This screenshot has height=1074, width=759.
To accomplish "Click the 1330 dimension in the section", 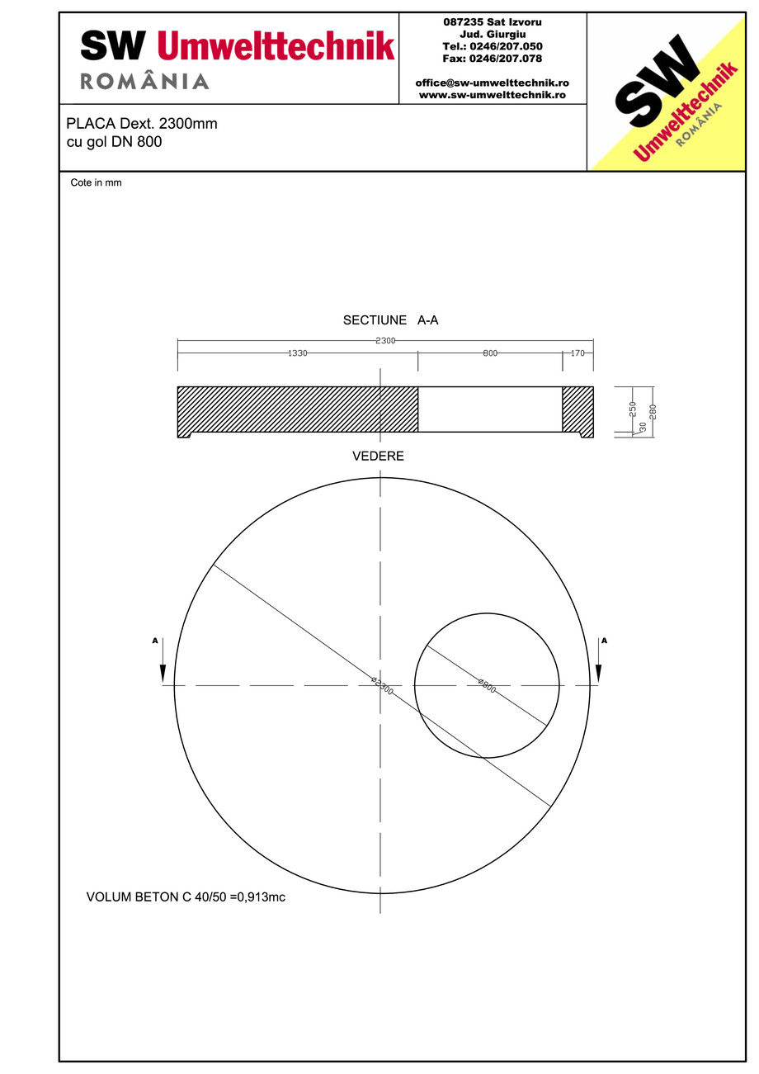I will [297, 353].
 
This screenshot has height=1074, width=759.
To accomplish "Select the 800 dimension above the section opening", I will [490, 353].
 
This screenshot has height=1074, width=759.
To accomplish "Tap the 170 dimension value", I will [577, 353].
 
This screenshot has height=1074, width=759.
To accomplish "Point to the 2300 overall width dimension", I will [385, 341].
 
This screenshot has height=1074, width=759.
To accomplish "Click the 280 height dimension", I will [653, 410].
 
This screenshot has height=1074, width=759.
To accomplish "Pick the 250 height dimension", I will [633, 409].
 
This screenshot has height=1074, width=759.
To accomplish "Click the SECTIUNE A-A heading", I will [390, 320].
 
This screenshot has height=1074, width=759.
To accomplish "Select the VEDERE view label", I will [378, 457].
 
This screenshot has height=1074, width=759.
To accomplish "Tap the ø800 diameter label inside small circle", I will [487, 686].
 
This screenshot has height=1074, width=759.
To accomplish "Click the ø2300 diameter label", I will [381, 685].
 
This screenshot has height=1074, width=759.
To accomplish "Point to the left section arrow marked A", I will [163, 660].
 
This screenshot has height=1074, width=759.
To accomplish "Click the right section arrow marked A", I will [598, 660].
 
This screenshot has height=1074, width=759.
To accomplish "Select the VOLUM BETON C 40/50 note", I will [186, 897].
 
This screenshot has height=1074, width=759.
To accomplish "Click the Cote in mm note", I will [96, 183].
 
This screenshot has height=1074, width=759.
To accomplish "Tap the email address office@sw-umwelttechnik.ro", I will [492, 83].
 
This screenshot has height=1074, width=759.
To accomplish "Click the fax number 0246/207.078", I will [493, 59].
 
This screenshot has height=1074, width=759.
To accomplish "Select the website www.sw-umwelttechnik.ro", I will [492, 95].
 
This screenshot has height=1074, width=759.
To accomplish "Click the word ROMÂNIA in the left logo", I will [144, 81].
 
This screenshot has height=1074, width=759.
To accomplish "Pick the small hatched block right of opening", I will [577, 409].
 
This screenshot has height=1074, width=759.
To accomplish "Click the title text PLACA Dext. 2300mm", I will [142, 124].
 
